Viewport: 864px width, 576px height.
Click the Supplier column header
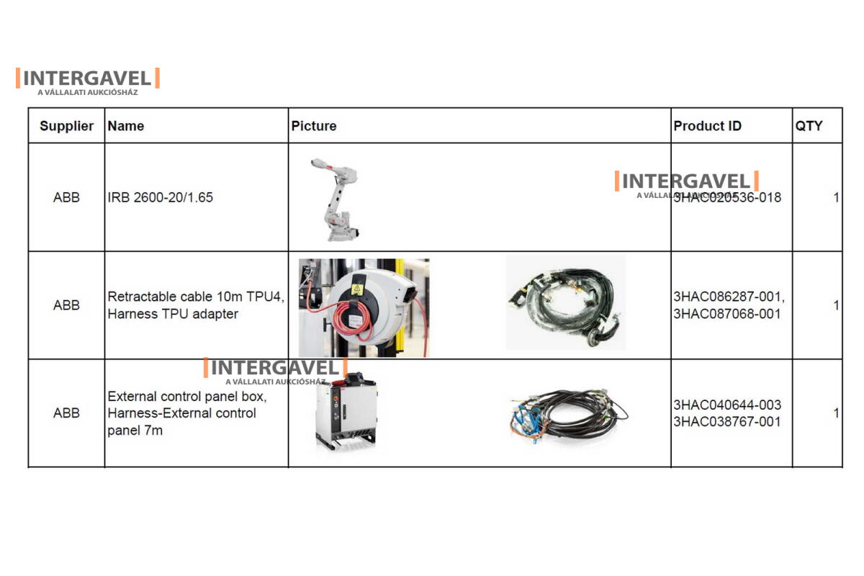[66, 126]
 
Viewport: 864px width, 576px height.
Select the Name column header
[125, 126]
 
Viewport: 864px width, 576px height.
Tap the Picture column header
[313, 126]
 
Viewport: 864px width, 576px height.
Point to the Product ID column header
[707, 126]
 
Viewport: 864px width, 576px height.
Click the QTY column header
[809, 126]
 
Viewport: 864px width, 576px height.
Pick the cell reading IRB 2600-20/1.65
[160, 197]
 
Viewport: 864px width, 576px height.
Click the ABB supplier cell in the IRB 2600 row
[66, 197]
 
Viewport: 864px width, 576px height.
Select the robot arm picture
[335, 199]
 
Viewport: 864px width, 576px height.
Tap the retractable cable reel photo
[364, 307]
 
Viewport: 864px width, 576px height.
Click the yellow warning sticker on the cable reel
[356, 289]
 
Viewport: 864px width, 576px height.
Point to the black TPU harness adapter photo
[565, 302]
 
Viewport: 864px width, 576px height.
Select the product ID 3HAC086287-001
[729, 297]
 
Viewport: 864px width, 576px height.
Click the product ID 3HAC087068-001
[726, 314]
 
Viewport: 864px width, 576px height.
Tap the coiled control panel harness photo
[567, 415]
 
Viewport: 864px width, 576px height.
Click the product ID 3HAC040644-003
[726, 405]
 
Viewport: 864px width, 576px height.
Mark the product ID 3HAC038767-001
[726, 422]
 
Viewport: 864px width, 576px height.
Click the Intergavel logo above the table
[87, 80]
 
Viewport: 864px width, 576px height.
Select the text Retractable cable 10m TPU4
[195, 297]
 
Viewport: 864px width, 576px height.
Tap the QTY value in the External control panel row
[836, 413]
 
